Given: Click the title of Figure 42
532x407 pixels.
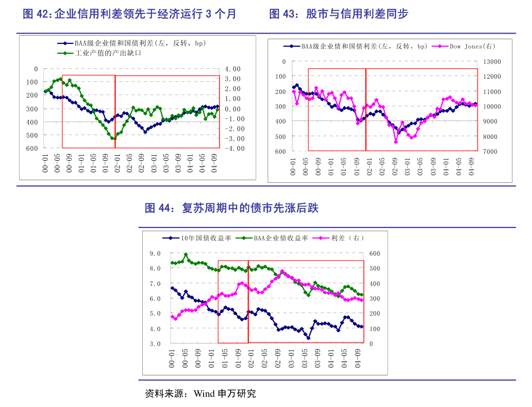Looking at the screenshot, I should pos(129,14).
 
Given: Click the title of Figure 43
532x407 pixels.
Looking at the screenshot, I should pos(339,14).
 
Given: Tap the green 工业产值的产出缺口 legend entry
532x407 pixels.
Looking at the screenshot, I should pos(103,53).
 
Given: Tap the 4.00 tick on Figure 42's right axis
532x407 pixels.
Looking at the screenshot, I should pos(232,69).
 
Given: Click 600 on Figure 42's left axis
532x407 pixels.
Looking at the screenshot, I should pos(32,148).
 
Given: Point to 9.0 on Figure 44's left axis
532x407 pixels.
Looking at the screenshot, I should pos(155,253).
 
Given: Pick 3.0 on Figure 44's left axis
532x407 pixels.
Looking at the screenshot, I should pos(155,344).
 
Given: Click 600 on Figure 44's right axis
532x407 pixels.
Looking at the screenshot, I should pos(375,253).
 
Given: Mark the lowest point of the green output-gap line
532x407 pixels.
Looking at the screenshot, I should pos(113,139).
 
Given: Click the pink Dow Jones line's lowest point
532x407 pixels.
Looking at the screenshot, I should pos(396,142).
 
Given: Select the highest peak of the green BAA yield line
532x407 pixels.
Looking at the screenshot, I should pos(186,255).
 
